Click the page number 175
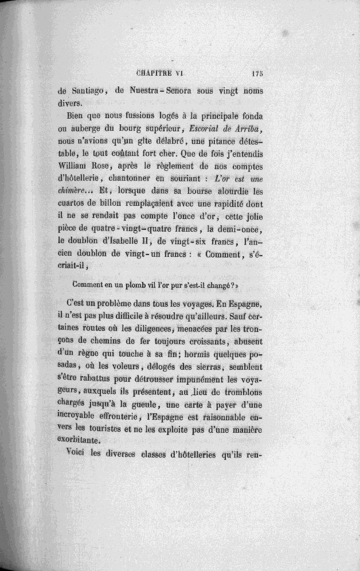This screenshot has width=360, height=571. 256,73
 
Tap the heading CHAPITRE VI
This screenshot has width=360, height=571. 165,73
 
